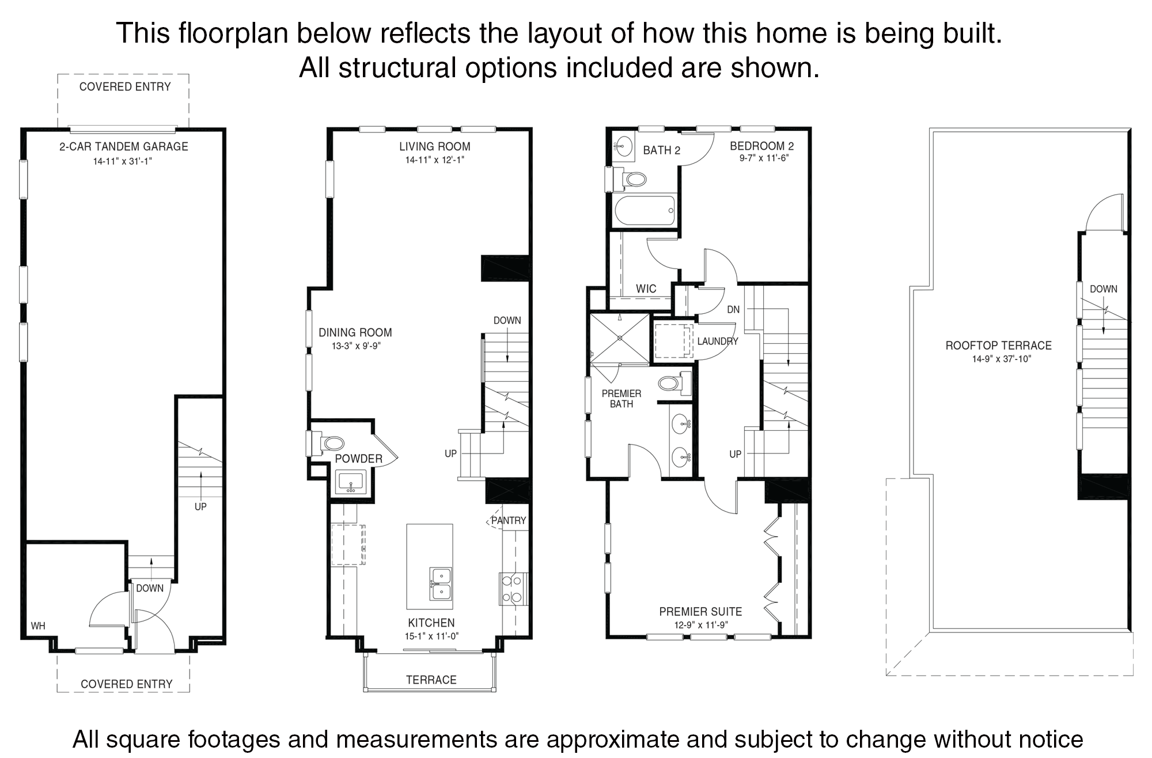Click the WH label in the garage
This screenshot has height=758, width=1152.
[38, 626]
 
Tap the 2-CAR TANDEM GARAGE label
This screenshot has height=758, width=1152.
[124, 146]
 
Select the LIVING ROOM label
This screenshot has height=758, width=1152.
[435, 146]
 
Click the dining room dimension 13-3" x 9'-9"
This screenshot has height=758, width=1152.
[357, 346]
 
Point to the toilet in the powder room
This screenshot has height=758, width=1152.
[328, 444]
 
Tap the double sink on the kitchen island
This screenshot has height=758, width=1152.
[441, 583]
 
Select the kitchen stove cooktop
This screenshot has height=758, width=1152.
[512, 589]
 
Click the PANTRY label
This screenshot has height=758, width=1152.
[509, 521]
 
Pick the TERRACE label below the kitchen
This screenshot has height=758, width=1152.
[431, 680]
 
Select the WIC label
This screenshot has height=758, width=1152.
[646, 289]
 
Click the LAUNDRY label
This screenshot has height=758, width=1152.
[718, 342]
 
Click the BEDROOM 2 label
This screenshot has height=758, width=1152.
[762, 146]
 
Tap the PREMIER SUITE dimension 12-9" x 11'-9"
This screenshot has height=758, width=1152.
[701, 625]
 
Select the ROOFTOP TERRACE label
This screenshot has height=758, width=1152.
[999, 346]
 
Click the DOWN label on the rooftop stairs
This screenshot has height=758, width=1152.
[1103, 289]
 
